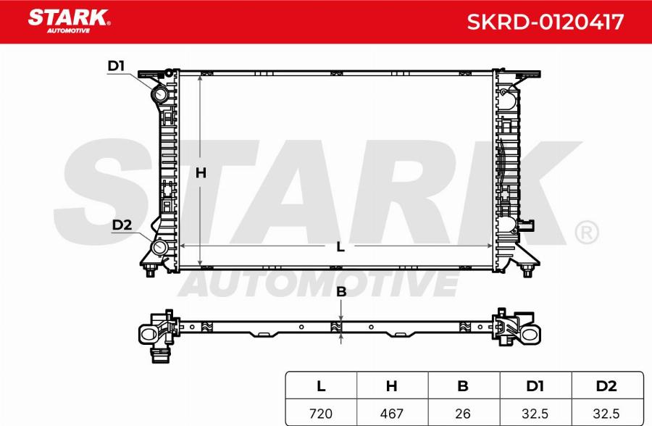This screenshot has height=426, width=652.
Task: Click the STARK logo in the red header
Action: click(x=68, y=20)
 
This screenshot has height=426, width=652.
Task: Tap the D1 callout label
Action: click(x=116, y=67)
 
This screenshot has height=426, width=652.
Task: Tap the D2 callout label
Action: click(x=122, y=225)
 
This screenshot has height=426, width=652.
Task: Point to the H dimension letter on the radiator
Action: click(x=201, y=172)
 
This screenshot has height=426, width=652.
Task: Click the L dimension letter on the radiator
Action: click(x=340, y=246)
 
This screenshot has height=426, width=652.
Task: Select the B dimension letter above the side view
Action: click(x=341, y=292)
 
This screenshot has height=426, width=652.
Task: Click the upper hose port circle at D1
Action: click(x=159, y=94)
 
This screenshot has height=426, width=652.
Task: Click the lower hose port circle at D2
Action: click(x=159, y=248)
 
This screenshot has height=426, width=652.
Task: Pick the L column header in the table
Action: click(x=320, y=386)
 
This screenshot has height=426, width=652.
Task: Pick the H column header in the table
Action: click(x=392, y=386)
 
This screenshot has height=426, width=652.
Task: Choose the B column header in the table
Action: click(x=463, y=386)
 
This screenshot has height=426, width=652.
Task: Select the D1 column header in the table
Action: click(x=535, y=386)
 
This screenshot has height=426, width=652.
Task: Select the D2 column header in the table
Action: click(x=607, y=386)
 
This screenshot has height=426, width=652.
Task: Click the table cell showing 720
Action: click(x=320, y=414)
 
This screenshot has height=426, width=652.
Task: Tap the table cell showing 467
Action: click(x=392, y=414)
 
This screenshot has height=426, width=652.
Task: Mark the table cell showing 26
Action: click(x=463, y=414)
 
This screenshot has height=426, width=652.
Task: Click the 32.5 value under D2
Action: click(x=607, y=414)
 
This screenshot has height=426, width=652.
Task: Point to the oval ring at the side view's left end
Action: click(x=149, y=333)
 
